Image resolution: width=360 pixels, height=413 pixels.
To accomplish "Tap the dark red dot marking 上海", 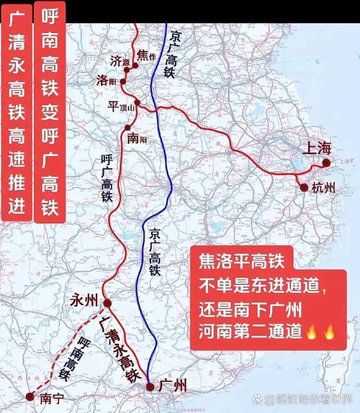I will pyautogui.click(x=325, y=163).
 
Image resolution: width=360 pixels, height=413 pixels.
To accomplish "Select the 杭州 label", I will pyautogui.click(x=325, y=189).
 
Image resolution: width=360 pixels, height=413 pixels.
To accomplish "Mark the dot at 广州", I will pyautogui.click(x=150, y=387).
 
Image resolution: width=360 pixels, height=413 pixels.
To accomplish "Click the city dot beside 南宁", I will pyautogui.click(x=30, y=396).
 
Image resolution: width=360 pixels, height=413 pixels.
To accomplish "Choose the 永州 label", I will pyautogui.click(x=84, y=300).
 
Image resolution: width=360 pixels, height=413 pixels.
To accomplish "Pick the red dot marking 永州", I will pyautogui.click(x=107, y=303).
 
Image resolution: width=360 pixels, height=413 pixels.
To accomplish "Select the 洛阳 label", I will pyautogui.click(x=106, y=81).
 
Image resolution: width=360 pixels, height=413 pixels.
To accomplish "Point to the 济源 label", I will pyautogui.click(x=120, y=60).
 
